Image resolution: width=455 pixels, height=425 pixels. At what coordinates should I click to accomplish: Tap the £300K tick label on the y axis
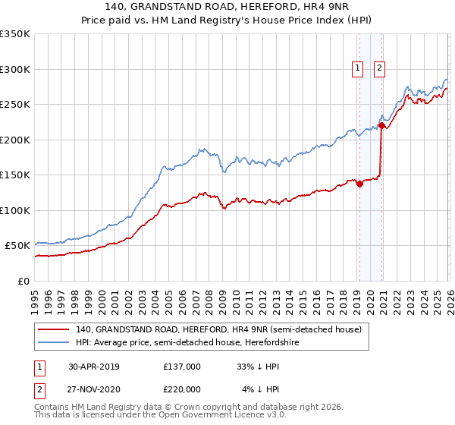click(x=15, y=69)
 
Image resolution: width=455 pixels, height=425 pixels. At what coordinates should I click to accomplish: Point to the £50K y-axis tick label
click(x=17, y=246)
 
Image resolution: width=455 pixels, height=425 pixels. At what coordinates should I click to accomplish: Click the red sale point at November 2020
click(x=381, y=126)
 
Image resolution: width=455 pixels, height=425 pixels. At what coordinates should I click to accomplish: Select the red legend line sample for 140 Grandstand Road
click(x=54, y=329)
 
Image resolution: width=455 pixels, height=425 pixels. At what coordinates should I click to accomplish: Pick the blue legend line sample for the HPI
click(x=54, y=342)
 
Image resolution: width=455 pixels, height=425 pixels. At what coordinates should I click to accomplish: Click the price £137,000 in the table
click(x=181, y=367)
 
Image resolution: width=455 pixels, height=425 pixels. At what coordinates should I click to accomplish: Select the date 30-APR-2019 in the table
click(x=93, y=367)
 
